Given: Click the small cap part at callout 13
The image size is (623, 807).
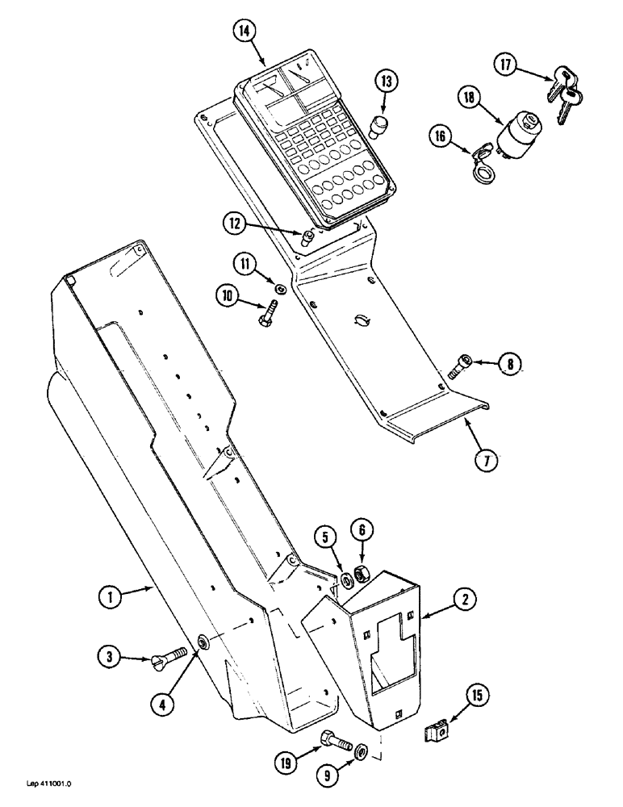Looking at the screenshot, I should pos(376,126).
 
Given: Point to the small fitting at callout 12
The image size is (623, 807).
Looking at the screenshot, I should pos(307,239).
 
